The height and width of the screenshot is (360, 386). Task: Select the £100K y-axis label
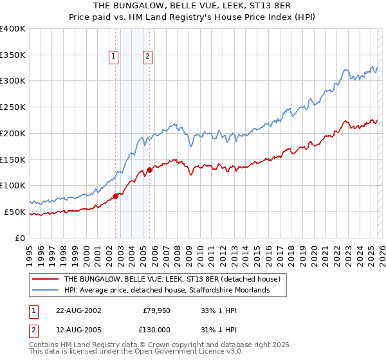pyautogui.click(x=13, y=186)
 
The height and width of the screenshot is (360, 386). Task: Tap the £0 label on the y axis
pyautogui.click(x=19, y=238)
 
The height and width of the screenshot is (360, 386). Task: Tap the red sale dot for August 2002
pyautogui.click(x=116, y=196)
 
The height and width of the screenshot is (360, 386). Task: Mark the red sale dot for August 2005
pyautogui.click(x=149, y=170)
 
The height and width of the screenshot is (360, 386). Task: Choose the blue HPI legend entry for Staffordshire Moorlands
pyautogui.click(x=165, y=291)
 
